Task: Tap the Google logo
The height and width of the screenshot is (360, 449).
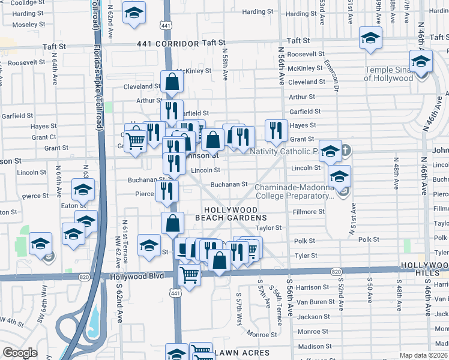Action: point(20,353)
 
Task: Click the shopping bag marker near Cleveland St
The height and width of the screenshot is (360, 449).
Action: point(172,82)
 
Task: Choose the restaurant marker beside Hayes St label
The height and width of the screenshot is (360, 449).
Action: point(276,130)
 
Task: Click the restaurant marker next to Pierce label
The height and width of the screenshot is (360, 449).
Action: point(166,191)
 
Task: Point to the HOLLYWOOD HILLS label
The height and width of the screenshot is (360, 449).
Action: point(424,269)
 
